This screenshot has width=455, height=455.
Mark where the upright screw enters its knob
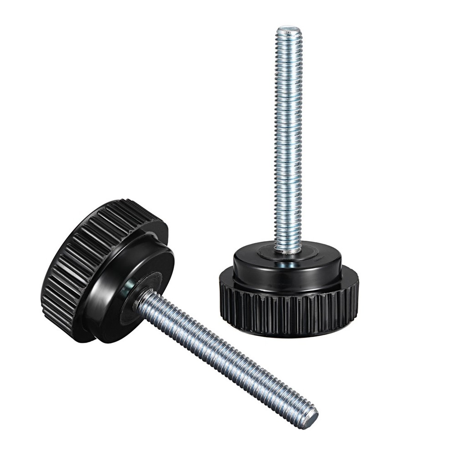click(288, 250)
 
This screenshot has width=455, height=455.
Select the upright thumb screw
click(288, 205)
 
